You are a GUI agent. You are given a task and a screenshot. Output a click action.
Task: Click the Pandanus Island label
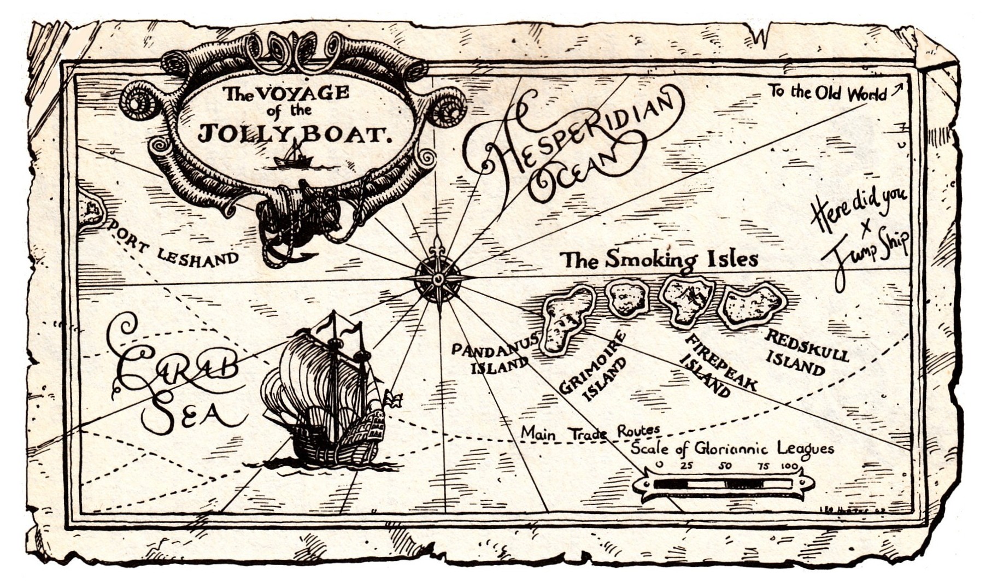click(491, 358)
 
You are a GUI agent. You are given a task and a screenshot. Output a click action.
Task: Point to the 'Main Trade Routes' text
click(590, 432)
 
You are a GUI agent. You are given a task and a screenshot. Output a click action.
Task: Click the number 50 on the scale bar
click(725, 466)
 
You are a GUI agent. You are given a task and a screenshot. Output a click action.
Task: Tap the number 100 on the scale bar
click(789, 466)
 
